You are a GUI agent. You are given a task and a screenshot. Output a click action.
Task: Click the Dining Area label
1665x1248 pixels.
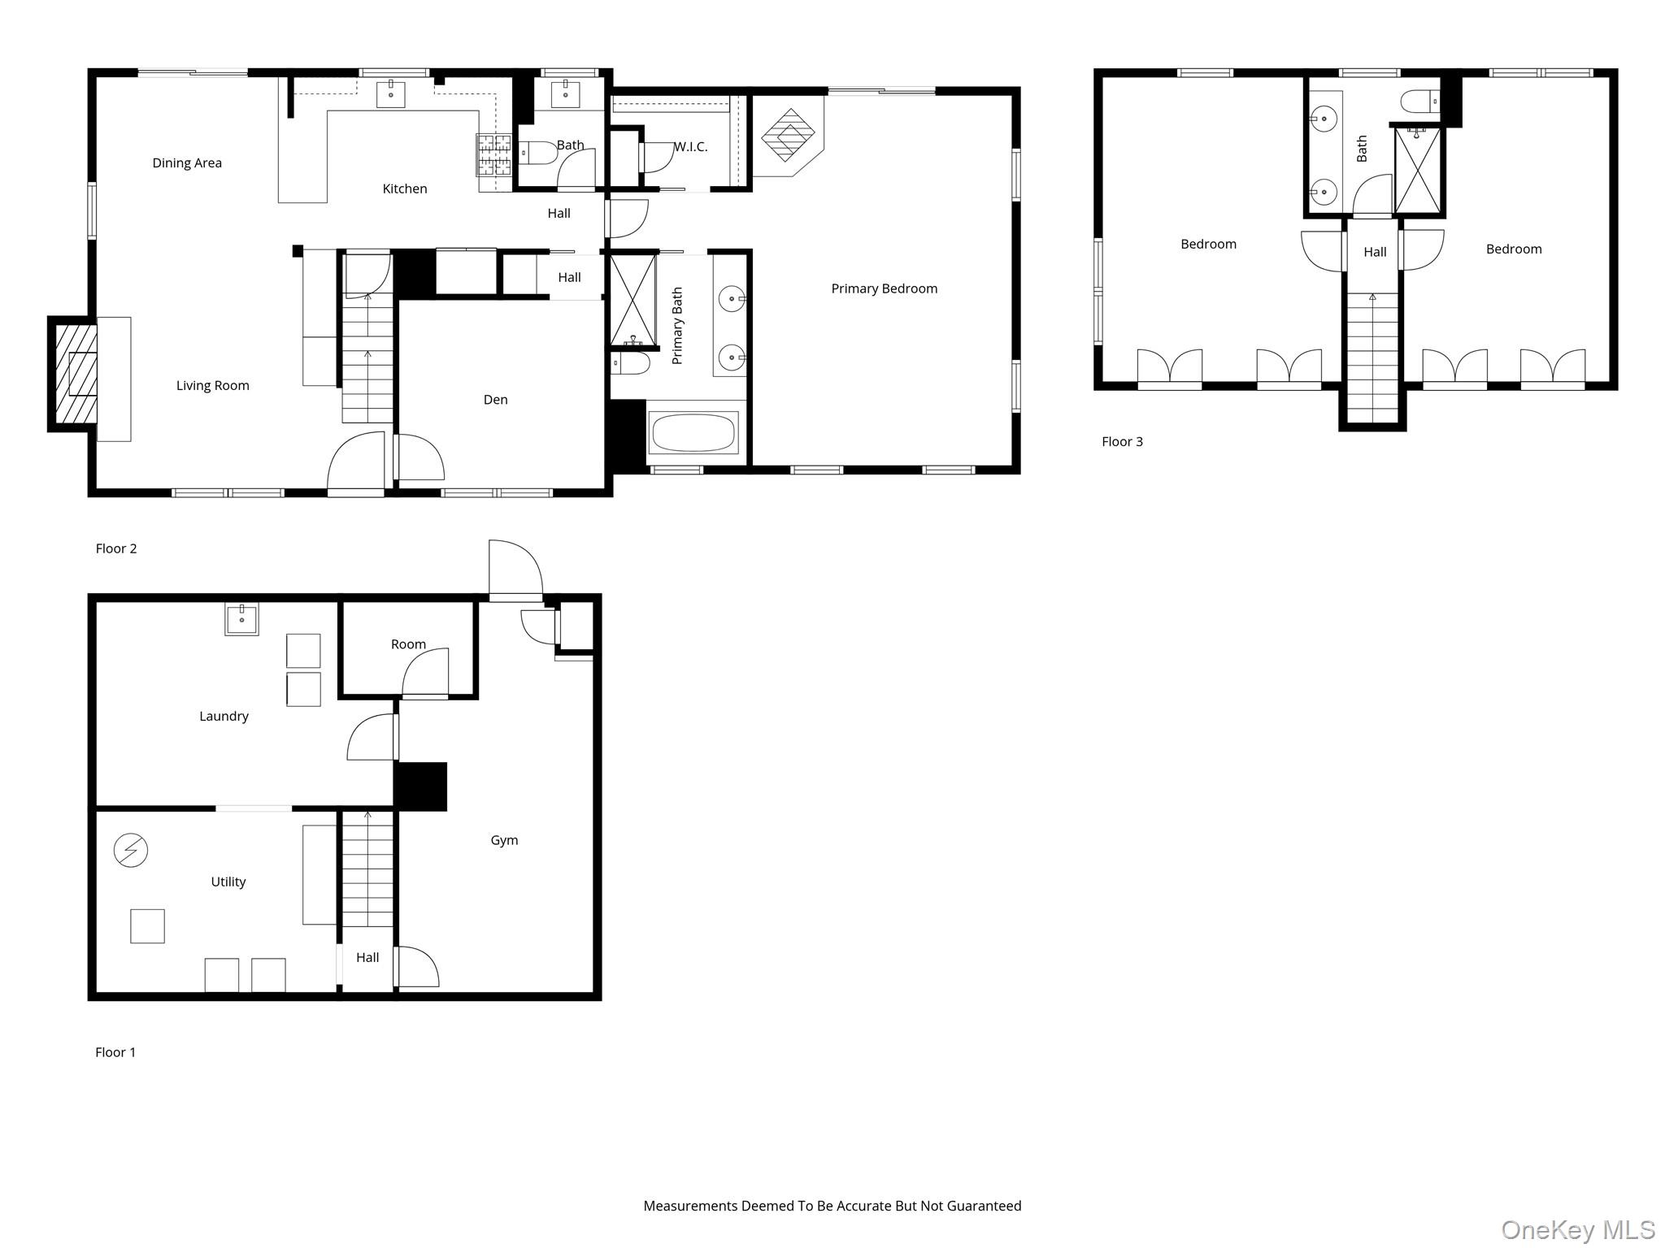(x=187, y=163)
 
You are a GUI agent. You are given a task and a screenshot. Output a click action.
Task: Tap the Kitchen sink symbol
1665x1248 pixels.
(x=391, y=93)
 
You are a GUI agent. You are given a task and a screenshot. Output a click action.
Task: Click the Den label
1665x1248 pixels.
(x=495, y=400)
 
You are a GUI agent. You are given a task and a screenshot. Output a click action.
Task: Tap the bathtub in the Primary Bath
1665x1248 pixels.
(x=693, y=432)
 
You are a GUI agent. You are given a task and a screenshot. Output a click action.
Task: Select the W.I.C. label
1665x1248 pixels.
(x=691, y=147)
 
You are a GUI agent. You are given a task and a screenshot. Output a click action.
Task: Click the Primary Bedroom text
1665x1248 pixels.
(x=884, y=289)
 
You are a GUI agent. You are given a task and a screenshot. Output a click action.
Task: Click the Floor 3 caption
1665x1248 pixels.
(x=1122, y=442)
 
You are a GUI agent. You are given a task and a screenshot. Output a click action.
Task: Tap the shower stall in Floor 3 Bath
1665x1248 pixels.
(x=1418, y=171)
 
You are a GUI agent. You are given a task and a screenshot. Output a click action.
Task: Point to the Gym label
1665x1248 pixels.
(x=504, y=841)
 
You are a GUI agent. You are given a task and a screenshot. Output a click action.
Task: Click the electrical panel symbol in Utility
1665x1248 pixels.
(x=130, y=851)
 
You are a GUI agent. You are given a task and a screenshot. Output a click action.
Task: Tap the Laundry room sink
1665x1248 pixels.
(x=241, y=619)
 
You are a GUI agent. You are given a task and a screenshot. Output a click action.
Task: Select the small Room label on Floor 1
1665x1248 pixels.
(x=408, y=644)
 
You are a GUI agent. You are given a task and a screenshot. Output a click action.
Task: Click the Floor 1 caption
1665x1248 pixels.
(x=115, y=1053)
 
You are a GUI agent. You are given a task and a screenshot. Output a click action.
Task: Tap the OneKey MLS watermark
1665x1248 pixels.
(x=1577, y=1230)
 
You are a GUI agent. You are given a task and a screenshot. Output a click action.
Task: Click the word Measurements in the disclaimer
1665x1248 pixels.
(x=690, y=1206)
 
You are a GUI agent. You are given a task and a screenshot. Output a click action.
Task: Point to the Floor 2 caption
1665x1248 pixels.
(x=116, y=549)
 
